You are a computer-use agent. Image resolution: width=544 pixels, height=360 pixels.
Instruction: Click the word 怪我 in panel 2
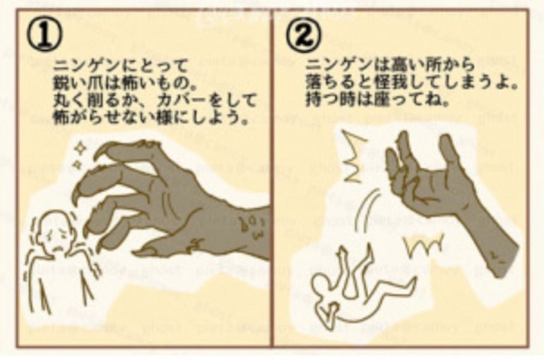(x=389, y=83)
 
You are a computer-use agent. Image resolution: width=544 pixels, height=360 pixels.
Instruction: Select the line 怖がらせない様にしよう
(x=153, y=114)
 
